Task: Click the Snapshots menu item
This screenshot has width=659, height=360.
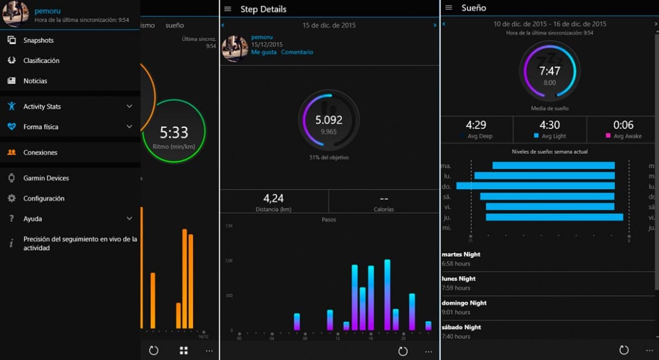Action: coord(38,40)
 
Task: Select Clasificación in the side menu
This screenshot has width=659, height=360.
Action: coord(41,61)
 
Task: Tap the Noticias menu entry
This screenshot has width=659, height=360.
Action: coord(35,81)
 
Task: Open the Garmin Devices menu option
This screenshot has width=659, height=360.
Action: coord(46,178)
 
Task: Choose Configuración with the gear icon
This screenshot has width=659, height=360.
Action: coord(44,198)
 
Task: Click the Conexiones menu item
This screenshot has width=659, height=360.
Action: coord(40,153)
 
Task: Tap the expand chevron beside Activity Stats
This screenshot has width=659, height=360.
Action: coord(129,106)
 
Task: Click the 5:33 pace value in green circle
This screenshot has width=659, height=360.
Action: coord(174,132)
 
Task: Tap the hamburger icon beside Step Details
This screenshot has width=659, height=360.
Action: coord(228,9)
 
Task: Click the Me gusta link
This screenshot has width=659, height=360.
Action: coord(263,52)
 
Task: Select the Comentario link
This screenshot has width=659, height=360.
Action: coord(297,52)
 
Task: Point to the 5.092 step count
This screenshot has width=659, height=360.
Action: coord(328,120)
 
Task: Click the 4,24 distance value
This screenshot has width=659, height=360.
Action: coord(273,198)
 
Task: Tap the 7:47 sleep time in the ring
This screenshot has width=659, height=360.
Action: coord(549,71)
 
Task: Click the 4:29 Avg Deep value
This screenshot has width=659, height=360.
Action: coord(476,125)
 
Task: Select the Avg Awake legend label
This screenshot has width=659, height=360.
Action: coord(627,136)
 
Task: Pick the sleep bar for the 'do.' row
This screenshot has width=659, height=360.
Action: coord(536,186)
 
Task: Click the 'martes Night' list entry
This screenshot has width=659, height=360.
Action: coord(461,254)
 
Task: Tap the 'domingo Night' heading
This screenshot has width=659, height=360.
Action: coord(464,303)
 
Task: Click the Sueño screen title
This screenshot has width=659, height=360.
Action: coord(473,8)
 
